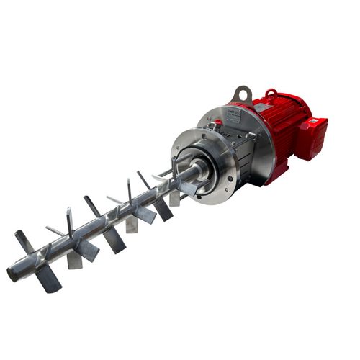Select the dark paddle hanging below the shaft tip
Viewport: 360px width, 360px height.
click(49, 279)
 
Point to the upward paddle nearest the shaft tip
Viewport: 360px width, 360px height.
click(23, 241)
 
